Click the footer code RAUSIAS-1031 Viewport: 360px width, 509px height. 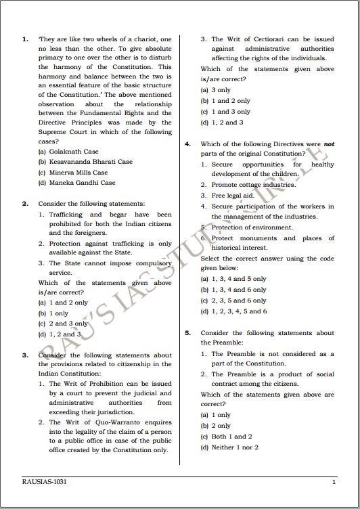click(x=44, y=482)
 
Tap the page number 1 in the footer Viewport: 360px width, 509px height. click(x=334, y=482)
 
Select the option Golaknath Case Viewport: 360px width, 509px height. click(x=68, y=152)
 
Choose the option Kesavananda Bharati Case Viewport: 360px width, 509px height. click(x=85, y=162)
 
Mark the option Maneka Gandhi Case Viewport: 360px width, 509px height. click(x=76, y=182)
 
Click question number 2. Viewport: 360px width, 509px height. click(x=25, y=203)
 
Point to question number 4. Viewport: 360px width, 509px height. click(x=187, y=144)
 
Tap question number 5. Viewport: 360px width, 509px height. click(x=187, y=333)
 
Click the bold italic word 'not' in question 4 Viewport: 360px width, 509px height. click(x=329, y=144)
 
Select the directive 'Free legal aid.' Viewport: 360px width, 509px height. click(x=233, y=196)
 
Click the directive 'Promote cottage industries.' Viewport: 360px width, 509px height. click(x=253, y=185)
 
